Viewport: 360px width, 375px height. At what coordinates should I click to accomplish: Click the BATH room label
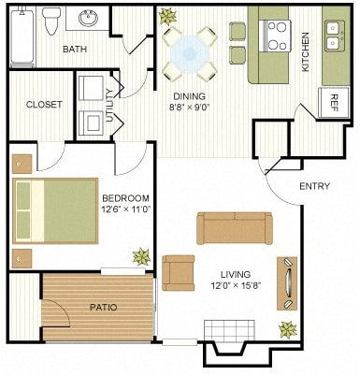click(x=76, y=49)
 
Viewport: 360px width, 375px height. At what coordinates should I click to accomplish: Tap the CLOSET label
click(x=44, y=105)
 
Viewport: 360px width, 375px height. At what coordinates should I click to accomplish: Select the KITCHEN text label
click(x=304, y=52)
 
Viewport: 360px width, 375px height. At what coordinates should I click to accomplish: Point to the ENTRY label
click(x=314, y=186)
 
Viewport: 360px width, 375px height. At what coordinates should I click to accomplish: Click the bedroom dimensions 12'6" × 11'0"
click(x=126, y=209)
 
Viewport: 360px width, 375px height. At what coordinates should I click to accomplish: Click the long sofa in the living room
click(x=234, y=228)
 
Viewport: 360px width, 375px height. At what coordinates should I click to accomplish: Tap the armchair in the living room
click(x=179, y=271)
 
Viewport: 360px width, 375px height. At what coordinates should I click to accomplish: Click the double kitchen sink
click(x=334, y=35)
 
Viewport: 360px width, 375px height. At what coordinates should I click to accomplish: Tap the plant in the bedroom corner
click(x=141, y=255)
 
